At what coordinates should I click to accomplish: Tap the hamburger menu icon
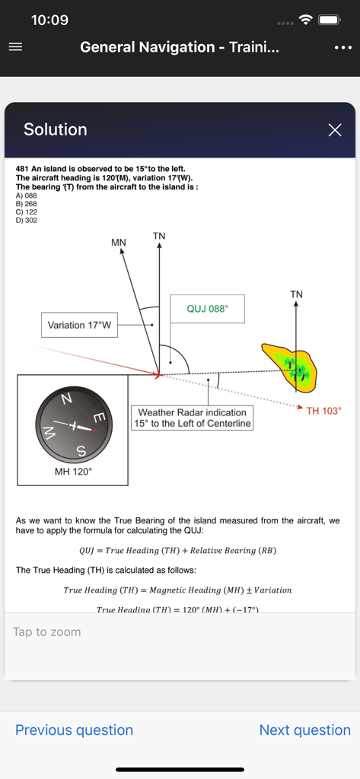pos(15,47)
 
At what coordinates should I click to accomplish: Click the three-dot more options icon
pos(342,47)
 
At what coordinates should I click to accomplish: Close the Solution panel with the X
pos(335,130)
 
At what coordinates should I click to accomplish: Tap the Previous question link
pos(74,730)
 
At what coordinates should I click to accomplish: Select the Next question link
pos(304,730)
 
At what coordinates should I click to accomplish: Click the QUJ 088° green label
pos(207,310)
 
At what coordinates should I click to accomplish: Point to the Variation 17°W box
pos(79,325)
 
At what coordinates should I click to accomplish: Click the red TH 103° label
pos(323,411)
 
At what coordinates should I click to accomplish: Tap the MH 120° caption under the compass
pos(73,472)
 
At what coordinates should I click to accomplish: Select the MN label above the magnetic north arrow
pos(119,243)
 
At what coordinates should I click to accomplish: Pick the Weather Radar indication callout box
pos(192,418)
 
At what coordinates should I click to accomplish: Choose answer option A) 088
pos(26,196)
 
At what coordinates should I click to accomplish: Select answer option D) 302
pos(26,221)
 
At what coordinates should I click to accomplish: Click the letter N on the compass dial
pos(66,399)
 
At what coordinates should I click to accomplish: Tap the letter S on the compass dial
pos(81,452)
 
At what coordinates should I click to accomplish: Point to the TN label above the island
pos(296,294)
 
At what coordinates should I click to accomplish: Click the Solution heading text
pos(56,130)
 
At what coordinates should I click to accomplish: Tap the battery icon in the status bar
pos(329,20)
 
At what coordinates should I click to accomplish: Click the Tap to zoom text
pos(46,631)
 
